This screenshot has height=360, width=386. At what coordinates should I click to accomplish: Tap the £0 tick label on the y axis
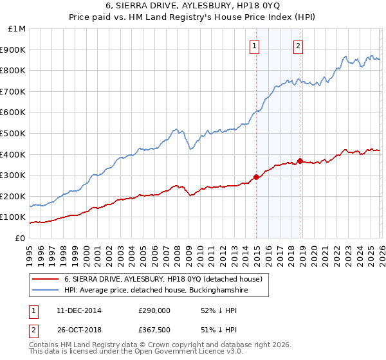click(20, 238)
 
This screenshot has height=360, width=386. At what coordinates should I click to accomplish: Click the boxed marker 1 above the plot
click(255, 46)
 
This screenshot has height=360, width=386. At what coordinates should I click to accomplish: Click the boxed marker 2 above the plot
click(299, 46)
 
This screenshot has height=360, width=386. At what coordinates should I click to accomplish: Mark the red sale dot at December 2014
click(256, 177)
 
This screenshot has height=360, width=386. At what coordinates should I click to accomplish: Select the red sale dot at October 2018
click(300, 161)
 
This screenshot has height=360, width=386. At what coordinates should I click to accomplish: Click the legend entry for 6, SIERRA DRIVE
click(163, 280)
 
